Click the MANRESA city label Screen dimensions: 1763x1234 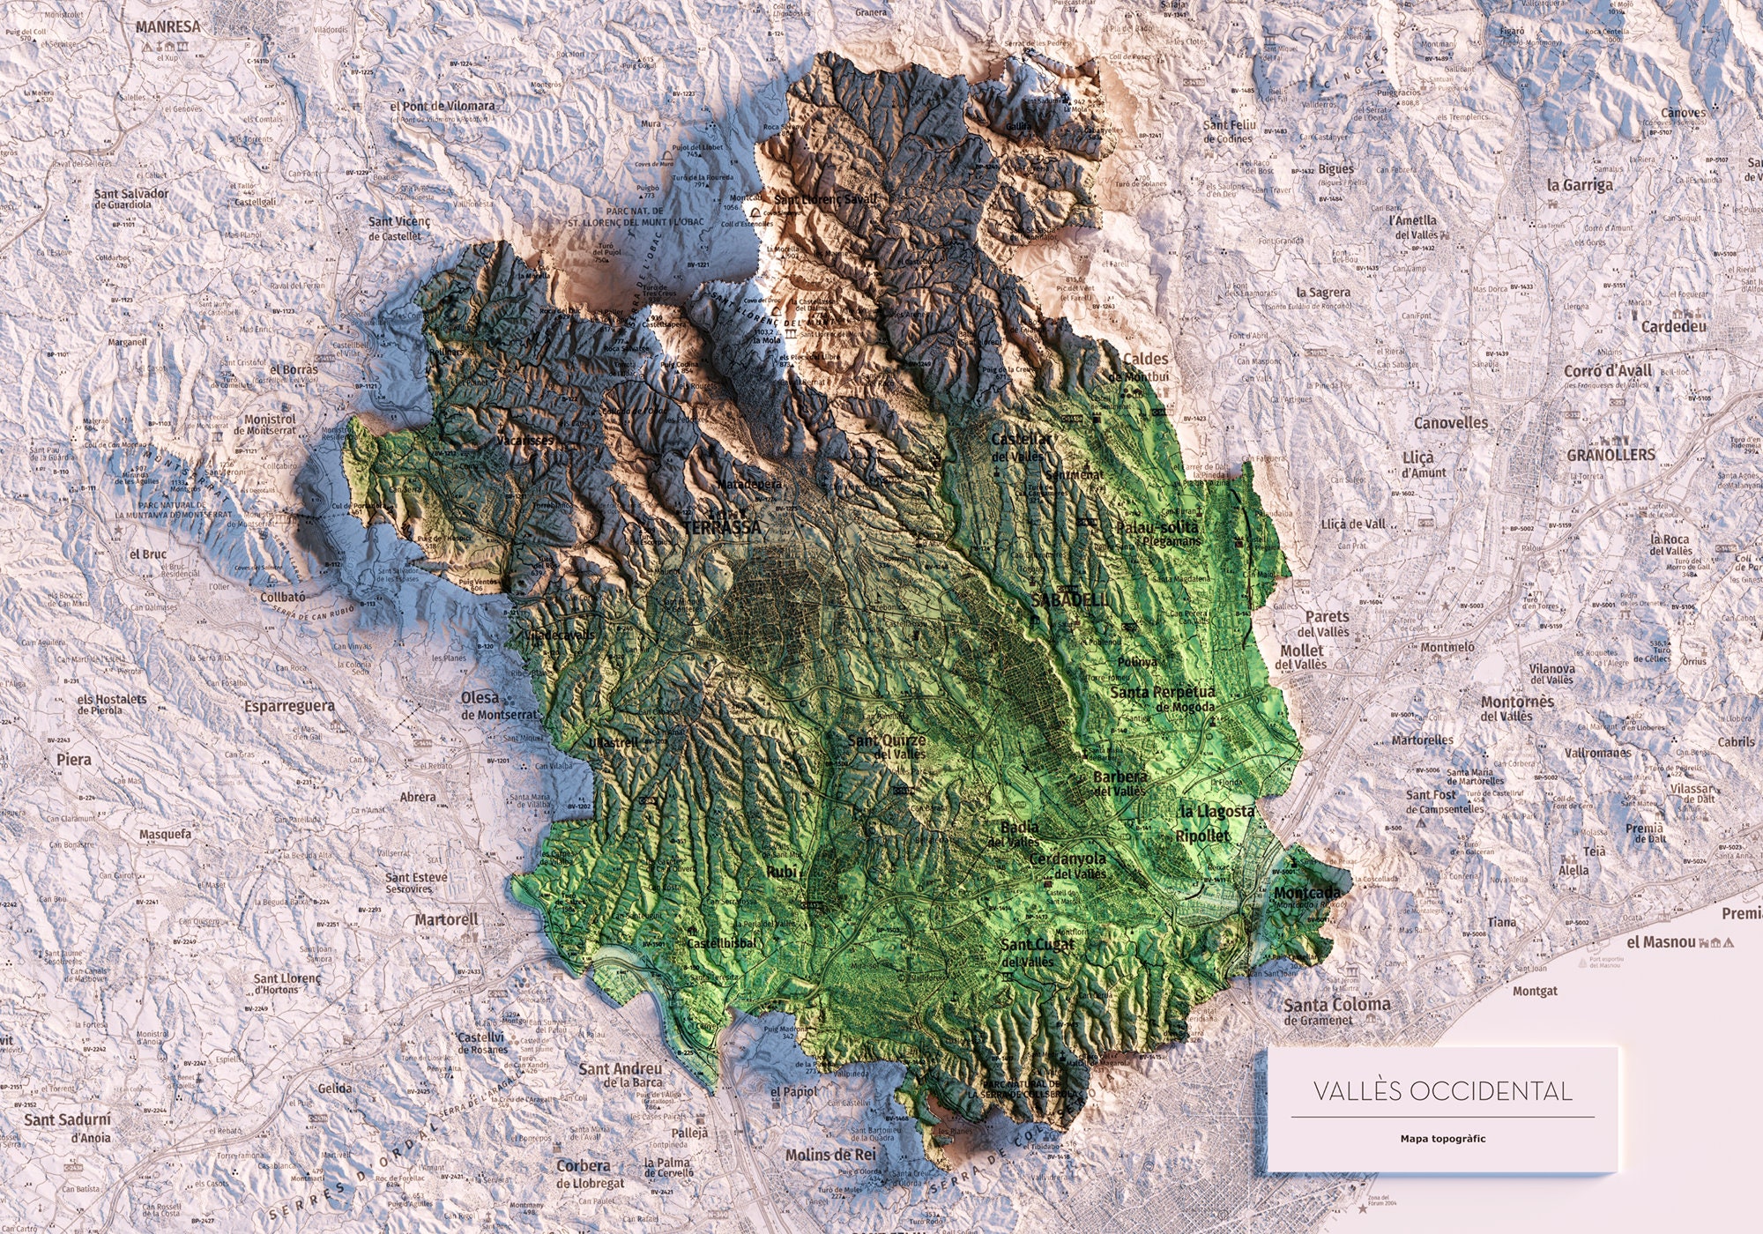(167, 26)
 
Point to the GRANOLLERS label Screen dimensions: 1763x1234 (1611, 455)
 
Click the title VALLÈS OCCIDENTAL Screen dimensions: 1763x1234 (1442, 1091)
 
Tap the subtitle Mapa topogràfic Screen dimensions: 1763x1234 (1442, 1139)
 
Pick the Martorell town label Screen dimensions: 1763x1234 (446, 919)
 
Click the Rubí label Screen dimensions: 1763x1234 (781, 872)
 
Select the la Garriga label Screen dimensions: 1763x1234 (1580, 185)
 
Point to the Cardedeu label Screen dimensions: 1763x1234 (1673, 327)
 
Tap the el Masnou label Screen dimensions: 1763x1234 (1661, 942)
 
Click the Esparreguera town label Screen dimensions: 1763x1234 (289, 706)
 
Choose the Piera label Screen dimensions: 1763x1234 (73, 759)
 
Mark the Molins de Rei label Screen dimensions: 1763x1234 (830, 1155)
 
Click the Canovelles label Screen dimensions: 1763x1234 (1450, 423)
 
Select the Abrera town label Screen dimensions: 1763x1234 (417, 797)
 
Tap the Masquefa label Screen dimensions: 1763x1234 (165, 834)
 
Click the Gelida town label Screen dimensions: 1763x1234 (334, 1089)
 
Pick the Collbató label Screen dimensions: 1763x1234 (282, 597)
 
